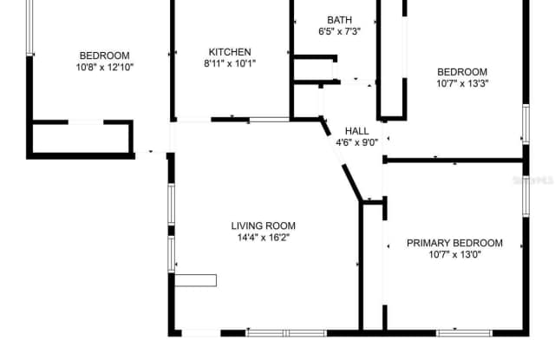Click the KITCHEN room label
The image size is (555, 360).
point(230,51)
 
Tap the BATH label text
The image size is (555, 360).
point(339,20)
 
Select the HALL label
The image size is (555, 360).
point(357,131)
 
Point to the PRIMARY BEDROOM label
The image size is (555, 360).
point(454,243)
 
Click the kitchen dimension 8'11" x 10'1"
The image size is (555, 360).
point(230,63)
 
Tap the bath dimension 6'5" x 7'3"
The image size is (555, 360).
point(339,32)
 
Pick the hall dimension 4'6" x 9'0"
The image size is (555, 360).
point(357,143)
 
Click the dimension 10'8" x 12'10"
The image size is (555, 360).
point(105,67)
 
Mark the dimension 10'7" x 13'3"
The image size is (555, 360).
point(461,84)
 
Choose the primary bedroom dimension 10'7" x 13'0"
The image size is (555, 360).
point(454,255)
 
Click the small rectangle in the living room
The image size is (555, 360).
point(196,279)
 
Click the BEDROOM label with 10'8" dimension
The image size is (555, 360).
point(104,55)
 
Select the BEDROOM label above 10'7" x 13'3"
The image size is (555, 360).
point(461,72)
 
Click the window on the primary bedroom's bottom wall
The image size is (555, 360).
point(464,332)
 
